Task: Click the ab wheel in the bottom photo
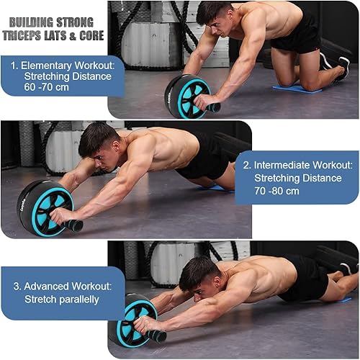pos(134,320)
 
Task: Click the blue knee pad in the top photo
pos(297,89)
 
